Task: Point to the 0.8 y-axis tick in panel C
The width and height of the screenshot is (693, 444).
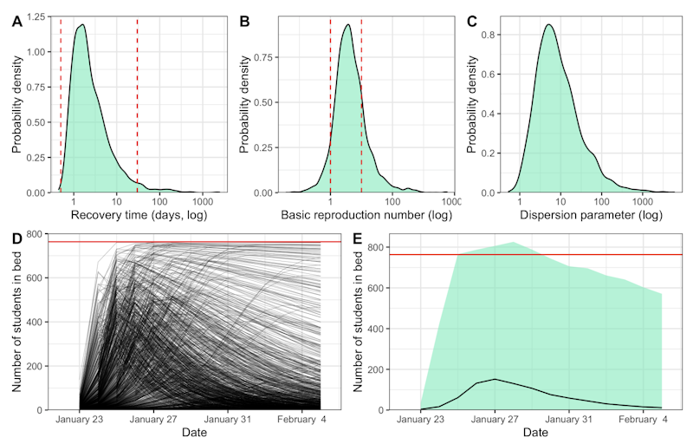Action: pos(492,34)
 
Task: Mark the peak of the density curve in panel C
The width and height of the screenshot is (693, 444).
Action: pos(548,24)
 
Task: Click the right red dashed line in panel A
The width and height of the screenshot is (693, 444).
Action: pos(138,104)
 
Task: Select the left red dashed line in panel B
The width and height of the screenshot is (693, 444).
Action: pos(331,104)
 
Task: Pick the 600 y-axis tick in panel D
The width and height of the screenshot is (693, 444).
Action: pos(36,277)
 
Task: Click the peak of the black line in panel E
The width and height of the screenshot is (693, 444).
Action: pos(495,379)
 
